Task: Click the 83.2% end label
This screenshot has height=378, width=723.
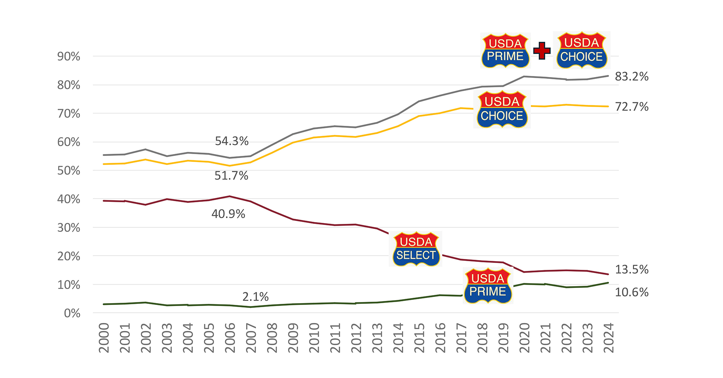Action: tap(632, 77)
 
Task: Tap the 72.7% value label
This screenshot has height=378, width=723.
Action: tap(632, 107)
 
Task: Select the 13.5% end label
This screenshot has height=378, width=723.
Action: tap(632, 269)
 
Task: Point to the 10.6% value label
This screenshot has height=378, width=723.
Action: tap(632, 292)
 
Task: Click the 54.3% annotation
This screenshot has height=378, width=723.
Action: tap(232, 141)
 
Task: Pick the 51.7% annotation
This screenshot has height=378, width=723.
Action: tap(231, 176)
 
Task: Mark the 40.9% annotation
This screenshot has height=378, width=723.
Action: tap(228, 214)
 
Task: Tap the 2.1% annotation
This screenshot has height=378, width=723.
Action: tap(255, 297)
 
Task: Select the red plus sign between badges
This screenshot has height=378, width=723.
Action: tap(542, 51)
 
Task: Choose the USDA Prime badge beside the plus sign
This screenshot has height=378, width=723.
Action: tap(505, 51)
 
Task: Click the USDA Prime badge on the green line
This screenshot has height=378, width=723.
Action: tap(488, 286)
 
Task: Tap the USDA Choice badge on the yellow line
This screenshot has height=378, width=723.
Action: tap(502, 109)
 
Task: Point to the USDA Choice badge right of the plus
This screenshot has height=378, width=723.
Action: tap(582, 50)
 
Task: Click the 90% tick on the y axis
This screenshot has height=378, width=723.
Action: tap(69, 56)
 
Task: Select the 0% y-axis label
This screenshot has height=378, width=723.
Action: tap(72, 313)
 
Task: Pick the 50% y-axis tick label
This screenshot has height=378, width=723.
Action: tap(69, 171)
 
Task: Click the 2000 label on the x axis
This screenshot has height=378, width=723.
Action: tap(104, 338)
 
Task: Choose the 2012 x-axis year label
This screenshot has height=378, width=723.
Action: tap(356, 338)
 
